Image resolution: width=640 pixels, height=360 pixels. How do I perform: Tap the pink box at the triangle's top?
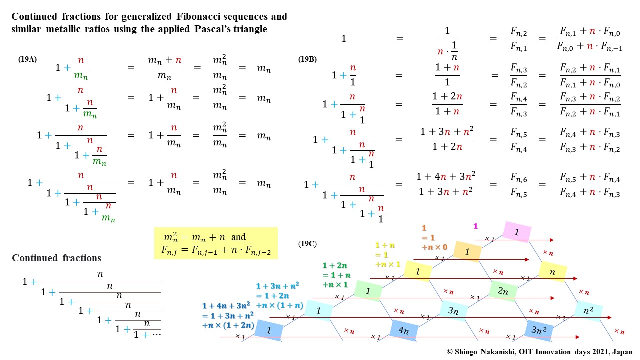click(516, 232)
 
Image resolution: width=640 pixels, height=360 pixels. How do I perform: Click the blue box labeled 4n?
click(404, 330)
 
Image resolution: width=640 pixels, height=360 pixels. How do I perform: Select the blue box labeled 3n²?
click(538, 330)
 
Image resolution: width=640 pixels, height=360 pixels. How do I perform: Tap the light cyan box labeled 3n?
click(453, 311)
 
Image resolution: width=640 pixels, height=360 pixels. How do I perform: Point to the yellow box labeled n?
click(552, 272)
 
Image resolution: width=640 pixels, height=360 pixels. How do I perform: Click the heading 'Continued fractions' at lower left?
click(56, 258)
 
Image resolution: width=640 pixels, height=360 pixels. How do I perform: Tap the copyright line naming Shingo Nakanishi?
click(540, 352)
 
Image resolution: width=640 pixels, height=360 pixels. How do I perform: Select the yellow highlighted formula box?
click(216, 243)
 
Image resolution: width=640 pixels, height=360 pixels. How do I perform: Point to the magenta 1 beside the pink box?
click(475, 226)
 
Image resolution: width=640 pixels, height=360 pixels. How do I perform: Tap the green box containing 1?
click(368, 291)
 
